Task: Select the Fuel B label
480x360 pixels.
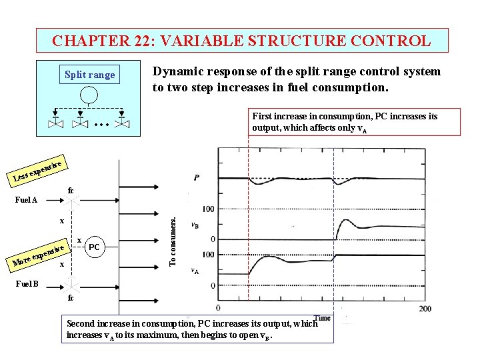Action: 27,284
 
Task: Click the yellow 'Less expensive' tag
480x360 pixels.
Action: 38,171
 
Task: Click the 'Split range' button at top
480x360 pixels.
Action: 89,75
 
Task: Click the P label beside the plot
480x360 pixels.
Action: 197,178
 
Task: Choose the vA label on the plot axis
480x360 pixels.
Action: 195,271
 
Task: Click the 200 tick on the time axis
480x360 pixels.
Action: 425,308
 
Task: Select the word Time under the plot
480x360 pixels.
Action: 323,318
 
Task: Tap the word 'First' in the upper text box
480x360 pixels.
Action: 262,117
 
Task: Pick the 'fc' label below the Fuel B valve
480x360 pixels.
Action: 71,298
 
